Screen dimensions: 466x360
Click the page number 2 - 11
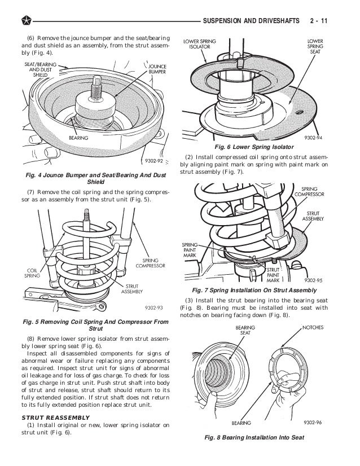point(320,22)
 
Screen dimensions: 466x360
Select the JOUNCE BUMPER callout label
point(157,69)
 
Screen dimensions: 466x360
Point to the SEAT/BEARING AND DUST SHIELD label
point(41,68)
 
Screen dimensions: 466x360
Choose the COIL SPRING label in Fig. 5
point(32,273)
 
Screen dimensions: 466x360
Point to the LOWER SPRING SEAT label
point(315,45)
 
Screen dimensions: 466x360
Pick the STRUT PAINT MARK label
point(273,275)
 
